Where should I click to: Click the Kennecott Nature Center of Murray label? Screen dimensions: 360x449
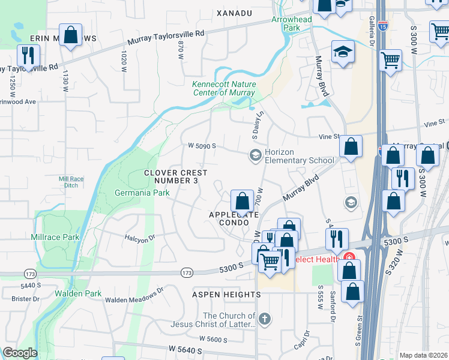click(x=223, y=89)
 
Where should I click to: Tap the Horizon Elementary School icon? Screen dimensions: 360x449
click(x=255, y=156)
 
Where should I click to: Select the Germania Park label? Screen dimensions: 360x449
click(x=142, y=193)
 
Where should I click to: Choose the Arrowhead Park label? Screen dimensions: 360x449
click(x=292, y=23)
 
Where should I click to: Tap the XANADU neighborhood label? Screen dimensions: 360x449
click(x=234, y=13)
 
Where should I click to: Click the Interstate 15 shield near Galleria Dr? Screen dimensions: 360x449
click(x=383, y=26)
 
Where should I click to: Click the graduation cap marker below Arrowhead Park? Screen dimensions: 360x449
click(x=343, y=52)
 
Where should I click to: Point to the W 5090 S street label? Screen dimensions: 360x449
click(x=201, y=146)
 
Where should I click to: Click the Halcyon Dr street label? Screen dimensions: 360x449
click(x=139, y=238)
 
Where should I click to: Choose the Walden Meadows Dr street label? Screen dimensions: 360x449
click(x=134, y=295)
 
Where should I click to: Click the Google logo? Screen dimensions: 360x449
click(x=20, y=353)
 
